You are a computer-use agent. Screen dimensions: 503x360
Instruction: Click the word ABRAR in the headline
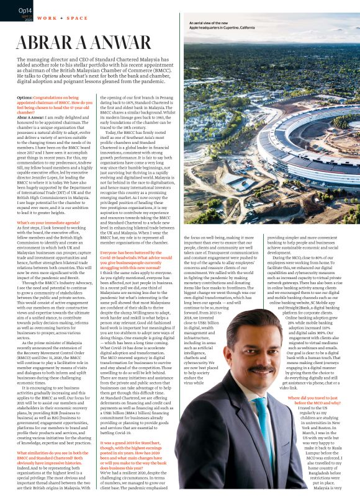(47, 41)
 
